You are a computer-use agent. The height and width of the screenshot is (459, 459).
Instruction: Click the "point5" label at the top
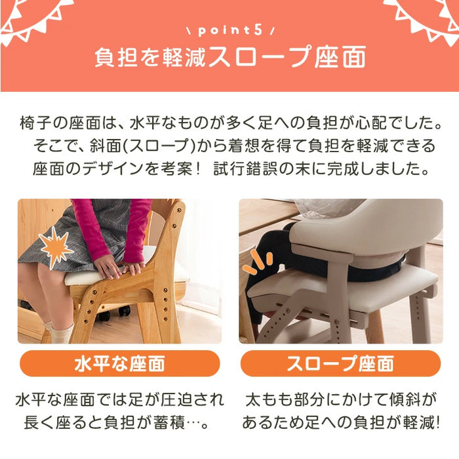229,31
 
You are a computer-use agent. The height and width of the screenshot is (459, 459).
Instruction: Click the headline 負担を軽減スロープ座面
229,59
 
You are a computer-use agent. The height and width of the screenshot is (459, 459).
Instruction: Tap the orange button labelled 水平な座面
119,363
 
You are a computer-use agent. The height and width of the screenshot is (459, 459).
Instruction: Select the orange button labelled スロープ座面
340,363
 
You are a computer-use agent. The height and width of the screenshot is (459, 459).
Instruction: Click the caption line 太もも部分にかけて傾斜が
340,399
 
